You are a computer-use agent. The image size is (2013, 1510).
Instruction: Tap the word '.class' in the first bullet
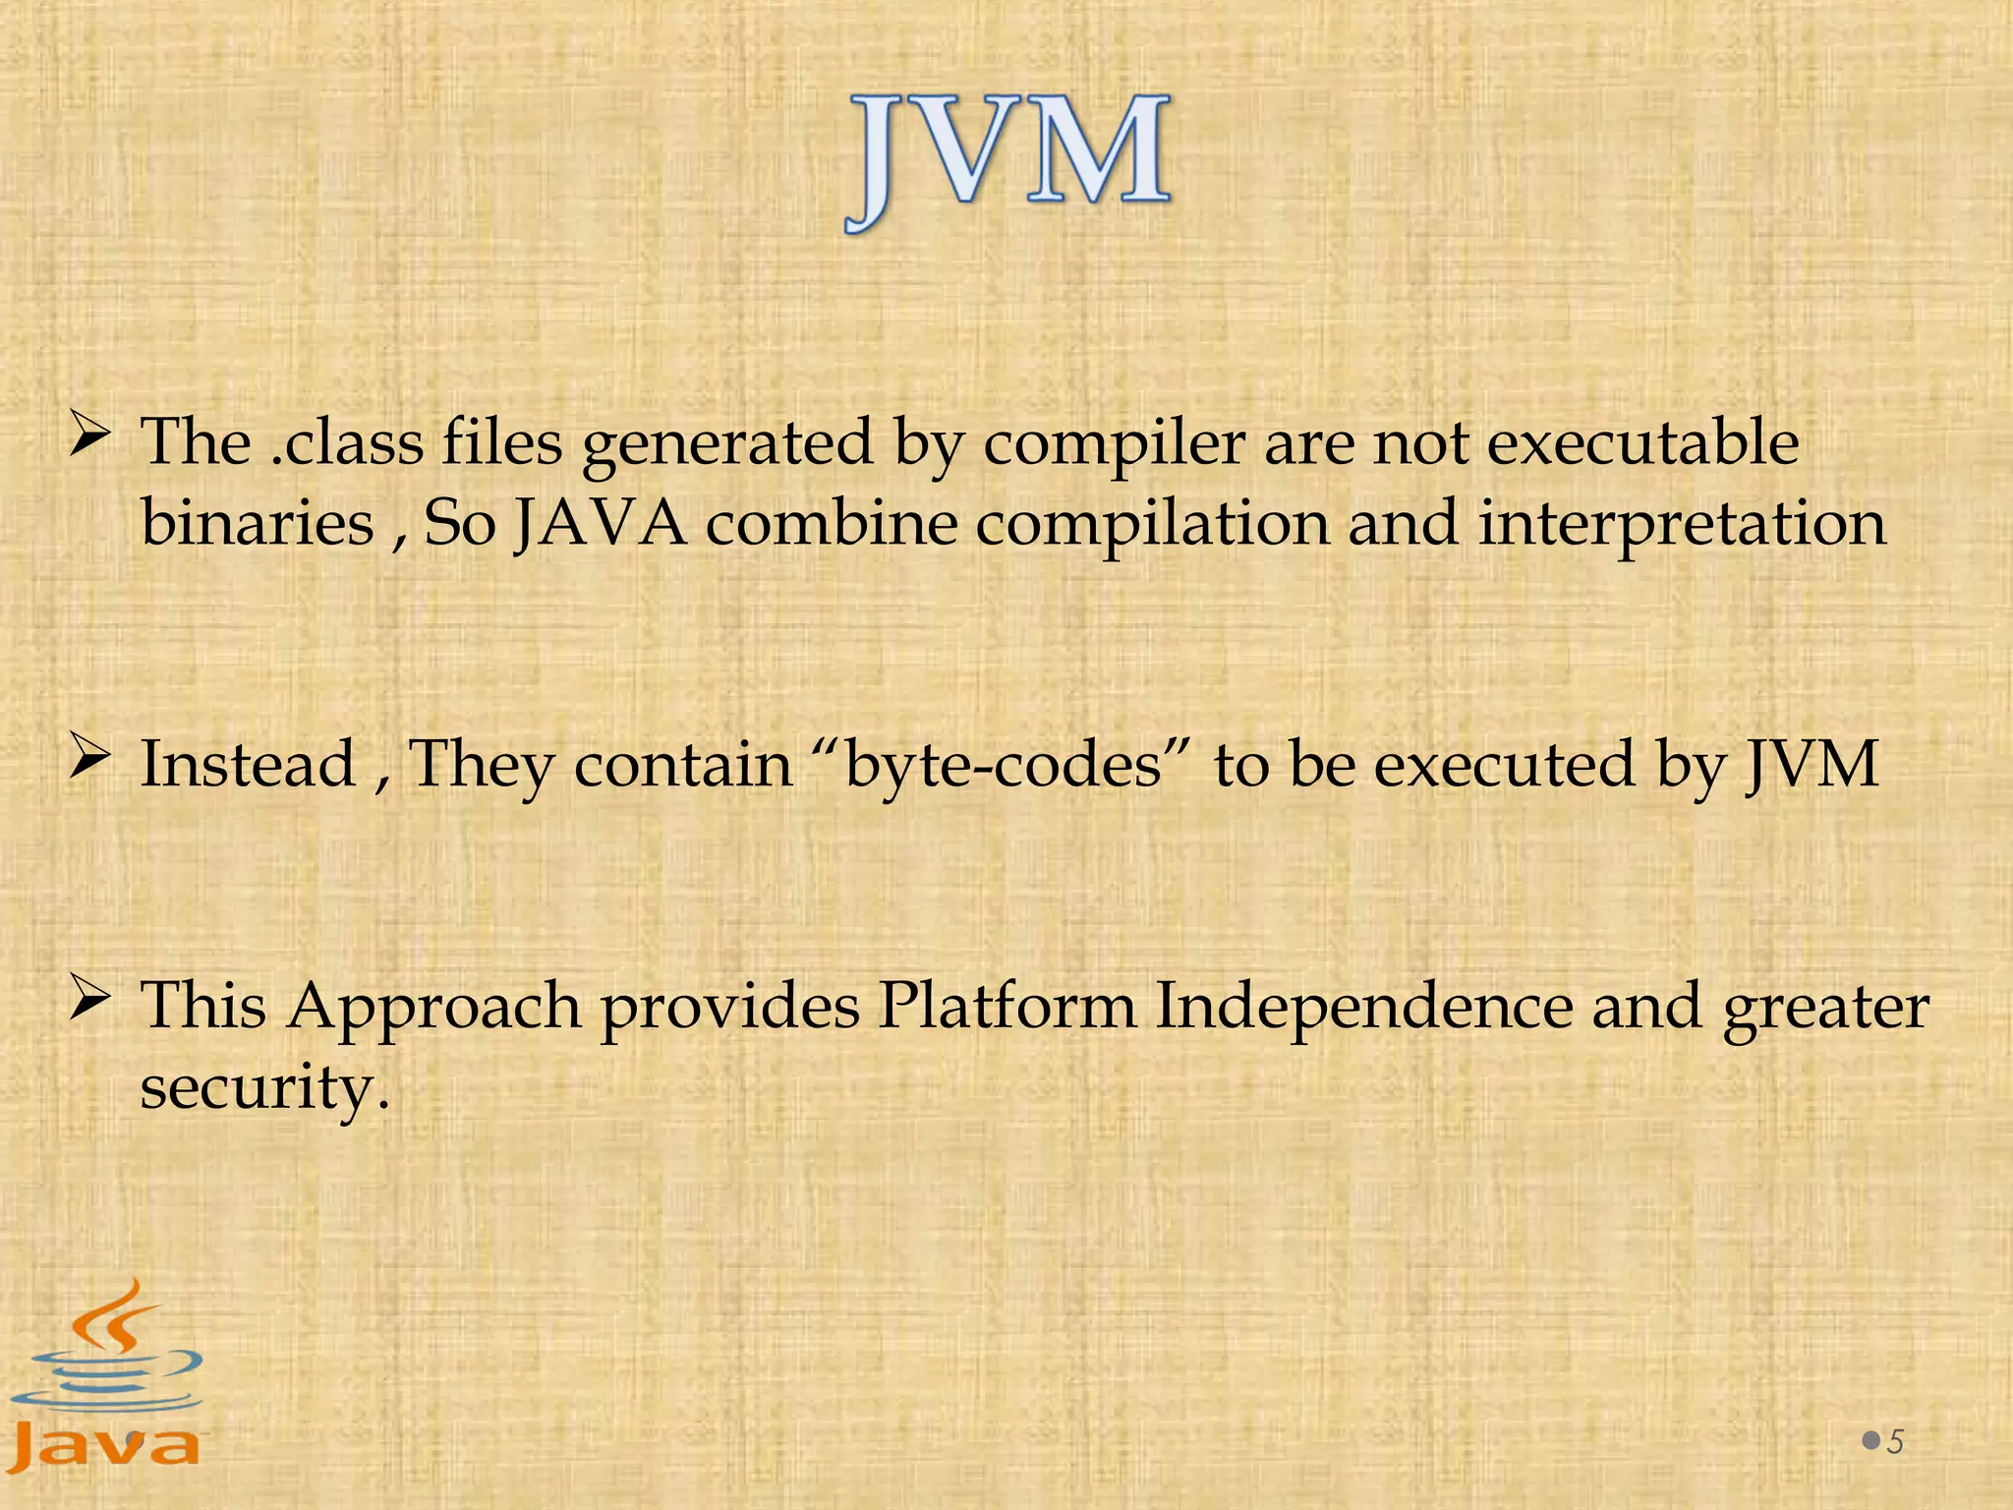(x=347, y=443)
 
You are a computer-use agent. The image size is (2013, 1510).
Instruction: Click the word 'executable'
(x=1642, y=443)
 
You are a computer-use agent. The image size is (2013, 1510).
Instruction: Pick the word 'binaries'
(x=258, y=524)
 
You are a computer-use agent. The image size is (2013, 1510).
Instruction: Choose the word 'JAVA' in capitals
(x=601, y=524)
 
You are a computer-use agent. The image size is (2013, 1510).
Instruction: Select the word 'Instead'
(x=248, y=765)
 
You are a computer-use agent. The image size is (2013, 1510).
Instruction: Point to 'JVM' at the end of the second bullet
(x=1812, y=765)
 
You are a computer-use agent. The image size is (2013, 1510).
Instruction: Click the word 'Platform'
(x=1006, y=1007)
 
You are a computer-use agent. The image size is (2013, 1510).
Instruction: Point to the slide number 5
(x=1895, y=1442)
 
